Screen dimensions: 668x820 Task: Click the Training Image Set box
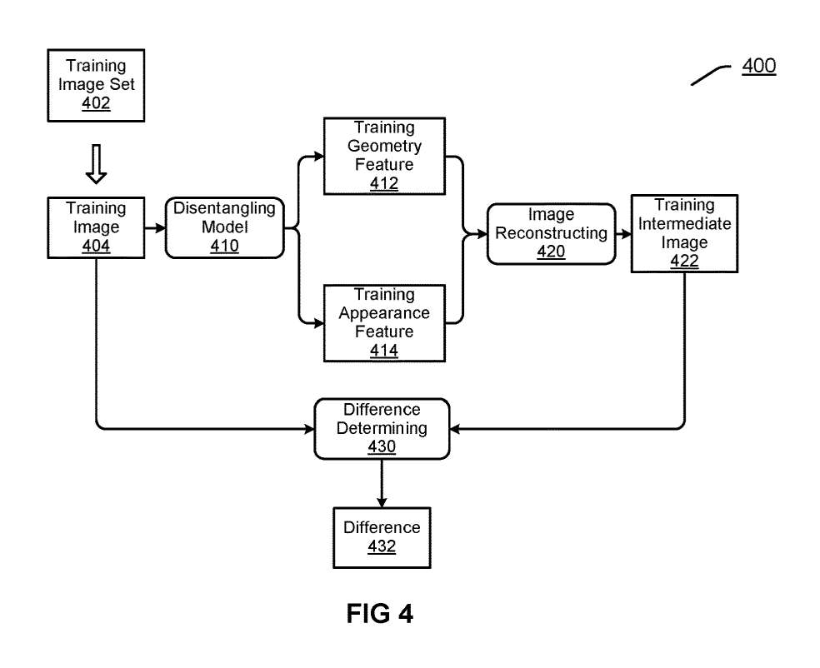(96, 84)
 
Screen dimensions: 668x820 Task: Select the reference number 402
(96, 103)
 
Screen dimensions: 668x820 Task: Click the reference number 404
(97, 246)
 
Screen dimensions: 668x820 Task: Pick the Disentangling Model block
(225, 227)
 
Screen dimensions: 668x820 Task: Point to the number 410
(225, 246)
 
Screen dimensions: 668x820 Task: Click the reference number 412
(384, 183)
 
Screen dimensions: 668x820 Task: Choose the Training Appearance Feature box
(384, 322)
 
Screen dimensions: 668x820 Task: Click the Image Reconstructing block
(551, 234)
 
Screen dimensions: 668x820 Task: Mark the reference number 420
(551, 252)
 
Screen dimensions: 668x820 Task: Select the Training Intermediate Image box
(684, 233)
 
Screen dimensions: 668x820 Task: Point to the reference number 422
(684, 262)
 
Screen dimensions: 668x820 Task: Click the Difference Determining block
(382, 428)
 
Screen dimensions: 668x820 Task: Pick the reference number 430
(382, 447)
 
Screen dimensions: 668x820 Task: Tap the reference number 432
(382, 546)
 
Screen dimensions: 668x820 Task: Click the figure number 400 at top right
(758, 67)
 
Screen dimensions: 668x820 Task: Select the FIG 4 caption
(379, 614)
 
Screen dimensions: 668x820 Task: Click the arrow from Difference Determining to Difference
(382, 482)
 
